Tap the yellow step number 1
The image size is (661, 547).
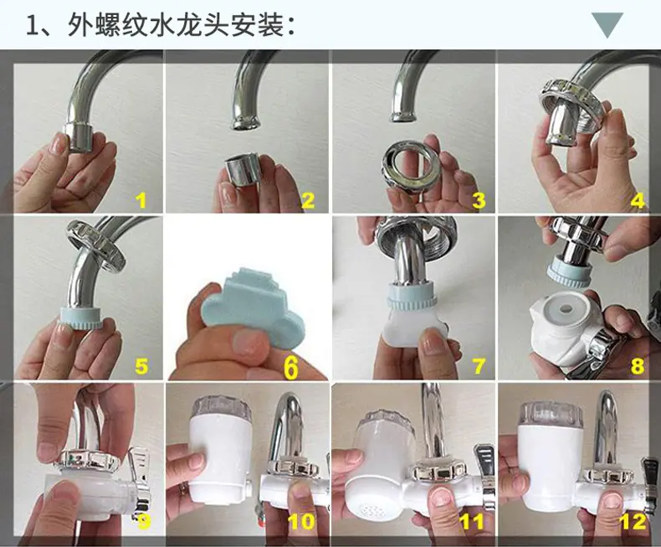pyautogui.click(x=141, y=199)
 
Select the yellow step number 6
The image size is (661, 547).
pyautogui.click(x=291, y=368)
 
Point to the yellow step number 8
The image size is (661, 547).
pyautogui.click(x=637, y=365)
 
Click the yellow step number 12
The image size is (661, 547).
pyautogui.click(x=633, y=522)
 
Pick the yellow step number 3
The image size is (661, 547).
pyautogui.click(x=479, y=200)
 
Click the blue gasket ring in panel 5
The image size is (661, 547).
pyautogui.click(x=80, y=316)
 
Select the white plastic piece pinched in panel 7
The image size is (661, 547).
pyautogui.click(x=412, y=329)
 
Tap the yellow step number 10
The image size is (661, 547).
pyautogui.click(x=302, y=521)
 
